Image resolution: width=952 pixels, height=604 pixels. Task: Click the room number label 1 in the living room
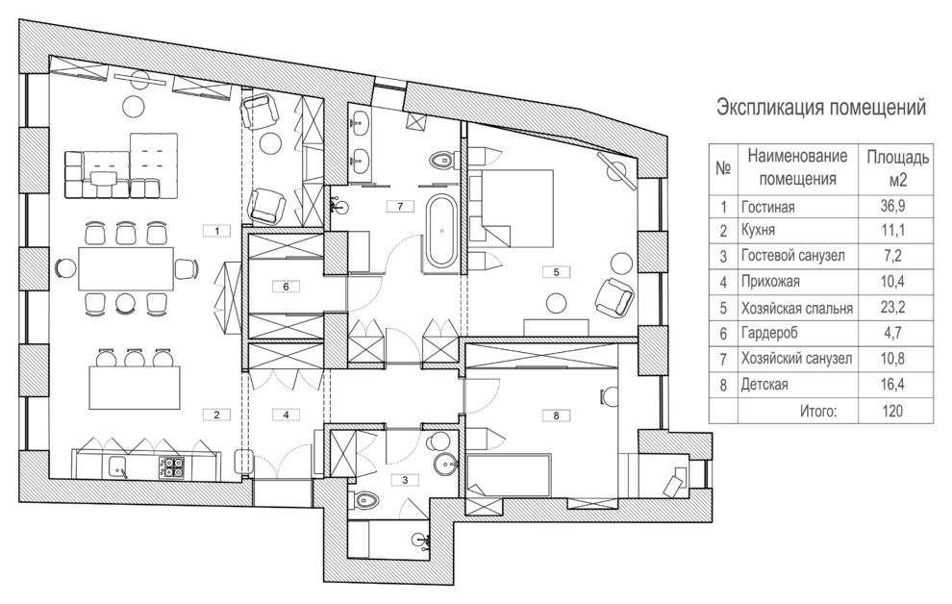pos(216,231)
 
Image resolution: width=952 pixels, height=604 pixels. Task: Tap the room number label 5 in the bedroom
pos(556,272)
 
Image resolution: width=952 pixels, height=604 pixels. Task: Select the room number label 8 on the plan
pos(556,415)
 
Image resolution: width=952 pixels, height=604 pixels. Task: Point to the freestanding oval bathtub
pos(441,231)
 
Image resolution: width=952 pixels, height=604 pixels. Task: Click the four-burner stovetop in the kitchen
pos(172,468)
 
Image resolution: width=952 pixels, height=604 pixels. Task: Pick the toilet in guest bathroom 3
pos(367,499)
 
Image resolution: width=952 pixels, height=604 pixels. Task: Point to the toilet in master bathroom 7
pos(442,161)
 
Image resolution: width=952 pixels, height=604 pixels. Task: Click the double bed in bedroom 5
pos(516,208)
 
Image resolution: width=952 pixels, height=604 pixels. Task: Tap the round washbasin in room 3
pos(446,465)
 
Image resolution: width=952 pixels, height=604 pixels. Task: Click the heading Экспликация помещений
pos(821,108)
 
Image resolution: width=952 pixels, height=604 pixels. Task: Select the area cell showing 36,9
pos(892,206)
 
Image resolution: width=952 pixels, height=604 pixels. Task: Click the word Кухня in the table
pos(759,231)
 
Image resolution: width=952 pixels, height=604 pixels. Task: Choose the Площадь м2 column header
pos(897,168)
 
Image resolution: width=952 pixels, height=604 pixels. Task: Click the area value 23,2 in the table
pos(892,307)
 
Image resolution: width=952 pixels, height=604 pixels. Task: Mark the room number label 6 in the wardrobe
pos(286,287)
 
